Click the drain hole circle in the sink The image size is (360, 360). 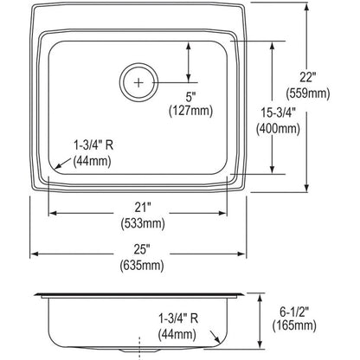click(137, 80)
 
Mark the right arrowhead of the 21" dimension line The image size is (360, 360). click(227, 211)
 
